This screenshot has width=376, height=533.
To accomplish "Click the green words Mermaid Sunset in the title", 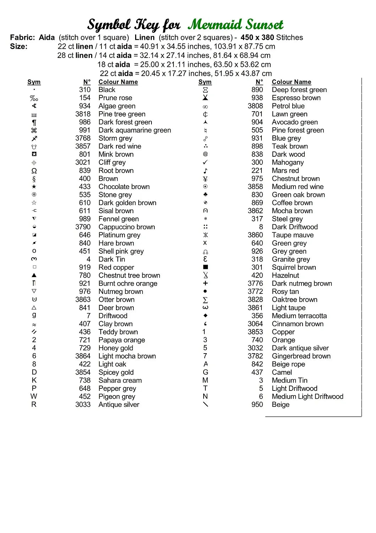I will coord(236,25).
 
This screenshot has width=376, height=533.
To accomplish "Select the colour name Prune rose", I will coord(115,98).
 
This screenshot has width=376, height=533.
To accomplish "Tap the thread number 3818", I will coord(83,114).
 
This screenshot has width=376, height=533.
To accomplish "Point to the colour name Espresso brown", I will coord(296,98).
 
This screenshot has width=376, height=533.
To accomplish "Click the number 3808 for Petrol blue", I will coord(255,106).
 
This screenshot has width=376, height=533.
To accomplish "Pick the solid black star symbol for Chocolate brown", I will coord(34,187).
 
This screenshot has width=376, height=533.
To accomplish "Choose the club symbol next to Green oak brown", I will coord(205,194).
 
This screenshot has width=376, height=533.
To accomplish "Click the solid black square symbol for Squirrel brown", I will coord(205,267).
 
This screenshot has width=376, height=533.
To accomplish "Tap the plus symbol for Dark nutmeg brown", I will coord(205,283).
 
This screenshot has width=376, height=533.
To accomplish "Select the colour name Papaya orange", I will coord(122,340).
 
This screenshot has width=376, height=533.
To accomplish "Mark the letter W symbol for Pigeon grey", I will coord(34,396).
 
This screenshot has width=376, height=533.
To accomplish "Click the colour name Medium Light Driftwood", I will coord(308,397).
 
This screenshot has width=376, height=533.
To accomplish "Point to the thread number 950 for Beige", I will coord(257,404).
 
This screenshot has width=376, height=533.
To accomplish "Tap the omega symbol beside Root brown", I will coord(34,171).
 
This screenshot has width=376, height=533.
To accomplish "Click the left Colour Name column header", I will coord(118,82).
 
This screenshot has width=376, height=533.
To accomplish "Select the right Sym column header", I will coord(205,82).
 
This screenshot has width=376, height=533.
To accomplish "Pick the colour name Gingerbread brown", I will coord(301,356).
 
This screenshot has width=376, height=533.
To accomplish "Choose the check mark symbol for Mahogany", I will coord(205,162).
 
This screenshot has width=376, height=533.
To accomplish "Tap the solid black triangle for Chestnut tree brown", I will coord(34,275).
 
